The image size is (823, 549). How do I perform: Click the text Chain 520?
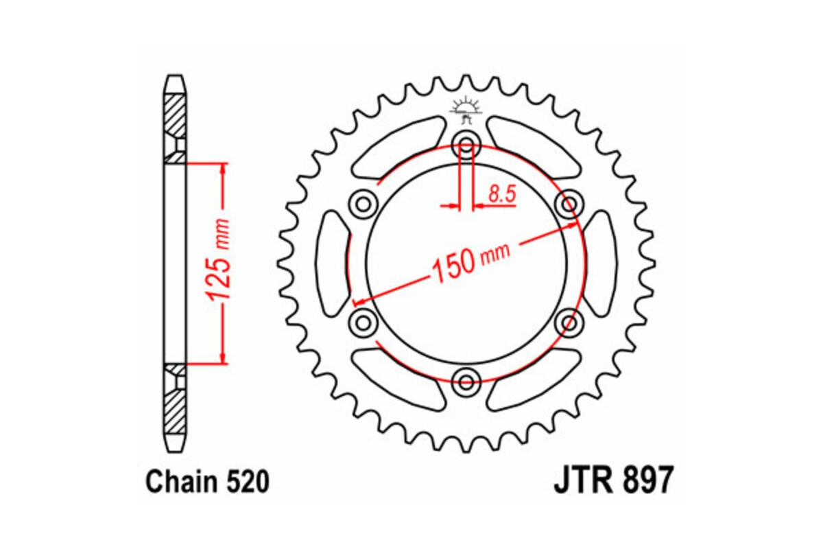(x=206, y=482)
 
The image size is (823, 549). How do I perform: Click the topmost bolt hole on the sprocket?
(x=466, y=145)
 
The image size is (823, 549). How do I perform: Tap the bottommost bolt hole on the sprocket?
(x=466, y=379)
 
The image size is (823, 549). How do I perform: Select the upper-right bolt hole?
(x=568, y=203)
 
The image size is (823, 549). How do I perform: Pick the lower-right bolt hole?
(x=568, y=320)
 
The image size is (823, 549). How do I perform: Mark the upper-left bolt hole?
(x=363, y=203)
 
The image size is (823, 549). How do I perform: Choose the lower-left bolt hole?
(x=363, y=320)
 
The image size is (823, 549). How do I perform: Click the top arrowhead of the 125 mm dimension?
(x=222, y=169)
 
